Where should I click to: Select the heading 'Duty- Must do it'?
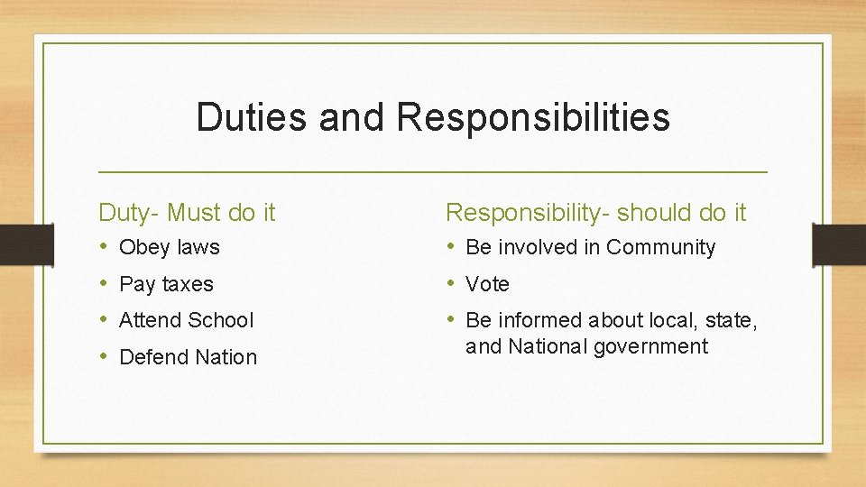pos(187,213)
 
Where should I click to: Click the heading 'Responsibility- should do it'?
pos(596,213)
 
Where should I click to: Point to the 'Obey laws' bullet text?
pos(170,247)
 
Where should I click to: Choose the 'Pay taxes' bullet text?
pos(166,284)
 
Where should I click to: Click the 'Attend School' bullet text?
pos(187,320)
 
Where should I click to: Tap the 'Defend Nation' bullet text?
pos(188,357)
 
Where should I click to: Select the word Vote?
pos(487,284)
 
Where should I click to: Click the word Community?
pos(660,247)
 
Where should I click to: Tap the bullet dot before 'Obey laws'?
pos(105,246)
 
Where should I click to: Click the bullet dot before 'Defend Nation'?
pos(105,356)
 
